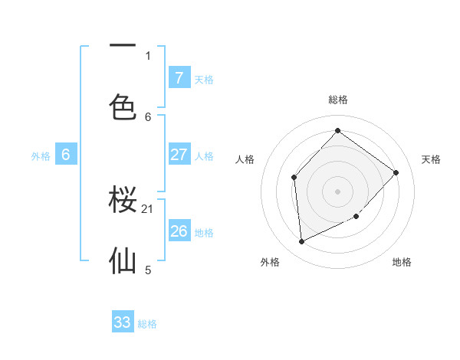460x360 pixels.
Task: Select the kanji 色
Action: [123, 106]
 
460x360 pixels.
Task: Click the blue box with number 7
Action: [179, 77]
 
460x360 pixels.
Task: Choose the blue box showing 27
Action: [179, 155]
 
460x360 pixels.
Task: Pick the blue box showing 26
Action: [179, 231]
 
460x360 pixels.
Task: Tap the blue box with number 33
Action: [123, 322]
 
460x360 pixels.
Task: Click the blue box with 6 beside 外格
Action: [66, 155]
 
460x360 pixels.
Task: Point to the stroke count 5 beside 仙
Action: [148, 270]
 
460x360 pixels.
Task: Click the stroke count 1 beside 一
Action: [148, 55]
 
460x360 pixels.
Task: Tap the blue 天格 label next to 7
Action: [204, 79]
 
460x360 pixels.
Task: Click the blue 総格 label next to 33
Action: [147, 324]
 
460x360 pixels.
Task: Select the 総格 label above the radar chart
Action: [338, 100]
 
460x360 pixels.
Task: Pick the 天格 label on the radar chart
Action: [431, 159]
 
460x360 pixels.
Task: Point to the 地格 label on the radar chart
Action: [402, 262]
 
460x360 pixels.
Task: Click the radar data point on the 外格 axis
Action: [301, 242]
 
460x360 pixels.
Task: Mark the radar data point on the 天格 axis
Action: [396, 172]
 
